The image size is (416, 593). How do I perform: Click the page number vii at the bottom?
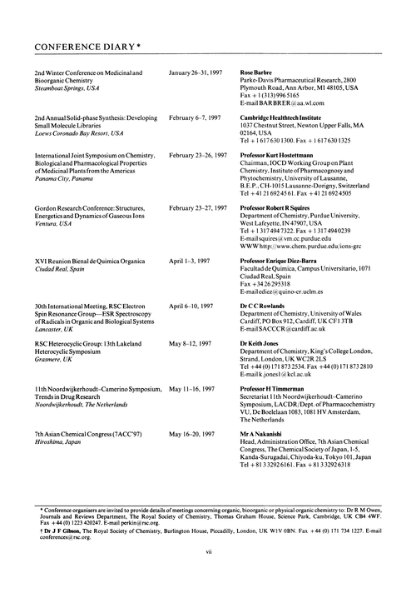point(208,574)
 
